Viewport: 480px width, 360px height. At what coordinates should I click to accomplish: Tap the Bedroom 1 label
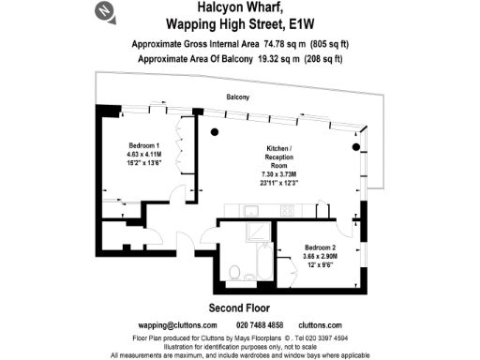click(x=145, y=145)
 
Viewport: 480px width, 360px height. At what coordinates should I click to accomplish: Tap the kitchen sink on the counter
click(x=284, y=209)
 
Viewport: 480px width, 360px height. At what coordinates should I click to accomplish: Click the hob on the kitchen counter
click(x=234, y=209)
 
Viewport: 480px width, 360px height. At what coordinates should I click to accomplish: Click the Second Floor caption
click(x=238, y=307)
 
